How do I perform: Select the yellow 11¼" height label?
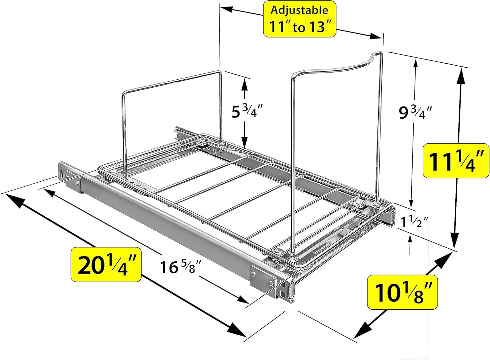click(453, 161)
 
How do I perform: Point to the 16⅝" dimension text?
click(180, 268)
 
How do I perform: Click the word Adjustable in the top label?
click(299, 10)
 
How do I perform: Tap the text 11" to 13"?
click(300, 26)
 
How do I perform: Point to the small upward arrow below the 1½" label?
click(410, 241)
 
